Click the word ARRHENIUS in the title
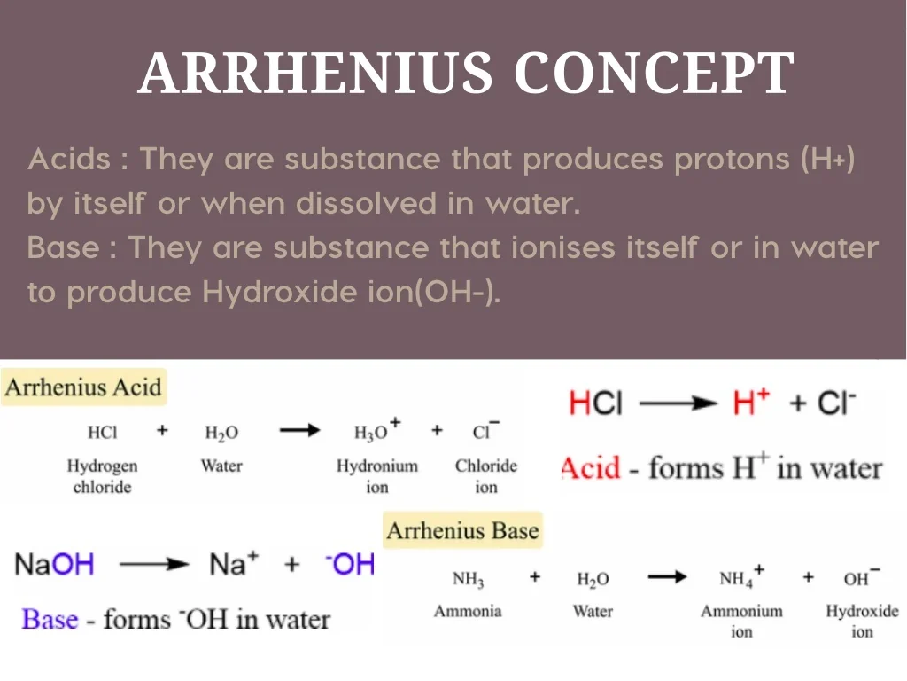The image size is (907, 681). click(315, 73)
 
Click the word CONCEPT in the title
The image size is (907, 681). click(655, 73)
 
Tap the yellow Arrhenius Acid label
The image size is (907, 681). click(83, 387)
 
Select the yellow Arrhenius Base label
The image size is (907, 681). click(462, 530)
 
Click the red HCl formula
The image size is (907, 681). click(595, 403)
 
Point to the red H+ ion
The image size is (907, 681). click(751, 402)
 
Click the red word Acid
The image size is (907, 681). click(590, 467)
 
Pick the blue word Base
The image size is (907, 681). click(50, 618)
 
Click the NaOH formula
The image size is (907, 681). click(54, 563)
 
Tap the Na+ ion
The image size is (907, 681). click(234, 563)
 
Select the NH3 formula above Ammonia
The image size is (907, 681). click(468, 579)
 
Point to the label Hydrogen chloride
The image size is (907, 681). click(103, 476)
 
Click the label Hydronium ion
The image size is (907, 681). click(377, 476)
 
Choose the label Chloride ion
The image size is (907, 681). click(486, 476)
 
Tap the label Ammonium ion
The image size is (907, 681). click(741, 621)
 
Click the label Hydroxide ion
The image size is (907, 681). click(862, 621)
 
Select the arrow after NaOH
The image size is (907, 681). click(154, 564)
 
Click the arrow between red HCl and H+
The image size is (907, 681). click(678, 403)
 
